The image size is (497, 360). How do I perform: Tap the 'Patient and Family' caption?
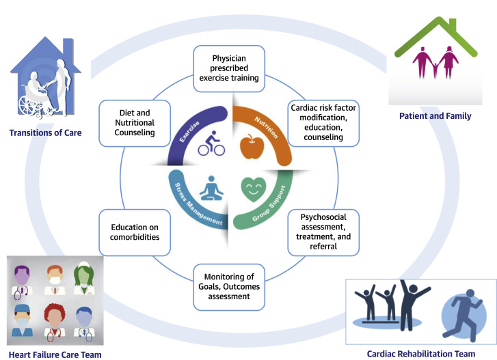point(435,116)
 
